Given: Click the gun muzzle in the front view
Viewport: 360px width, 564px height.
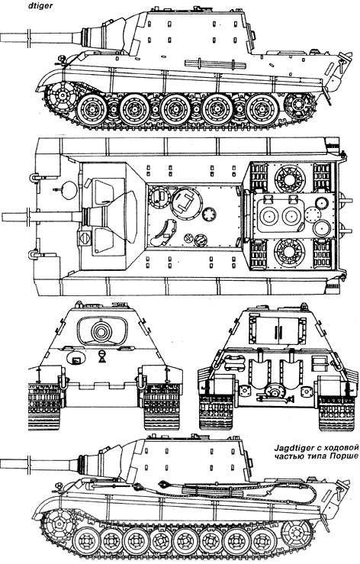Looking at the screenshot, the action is coord(102,330).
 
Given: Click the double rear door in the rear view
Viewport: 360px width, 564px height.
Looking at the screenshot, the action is coord(276,330).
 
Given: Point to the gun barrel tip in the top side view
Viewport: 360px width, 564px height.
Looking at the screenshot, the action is coord(2,37).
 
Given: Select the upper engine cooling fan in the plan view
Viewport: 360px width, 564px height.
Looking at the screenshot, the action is coord(290,179).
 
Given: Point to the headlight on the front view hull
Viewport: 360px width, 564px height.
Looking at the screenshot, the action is coord(102,356).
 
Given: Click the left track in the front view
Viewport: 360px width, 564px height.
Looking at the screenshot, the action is coord(45,406).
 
